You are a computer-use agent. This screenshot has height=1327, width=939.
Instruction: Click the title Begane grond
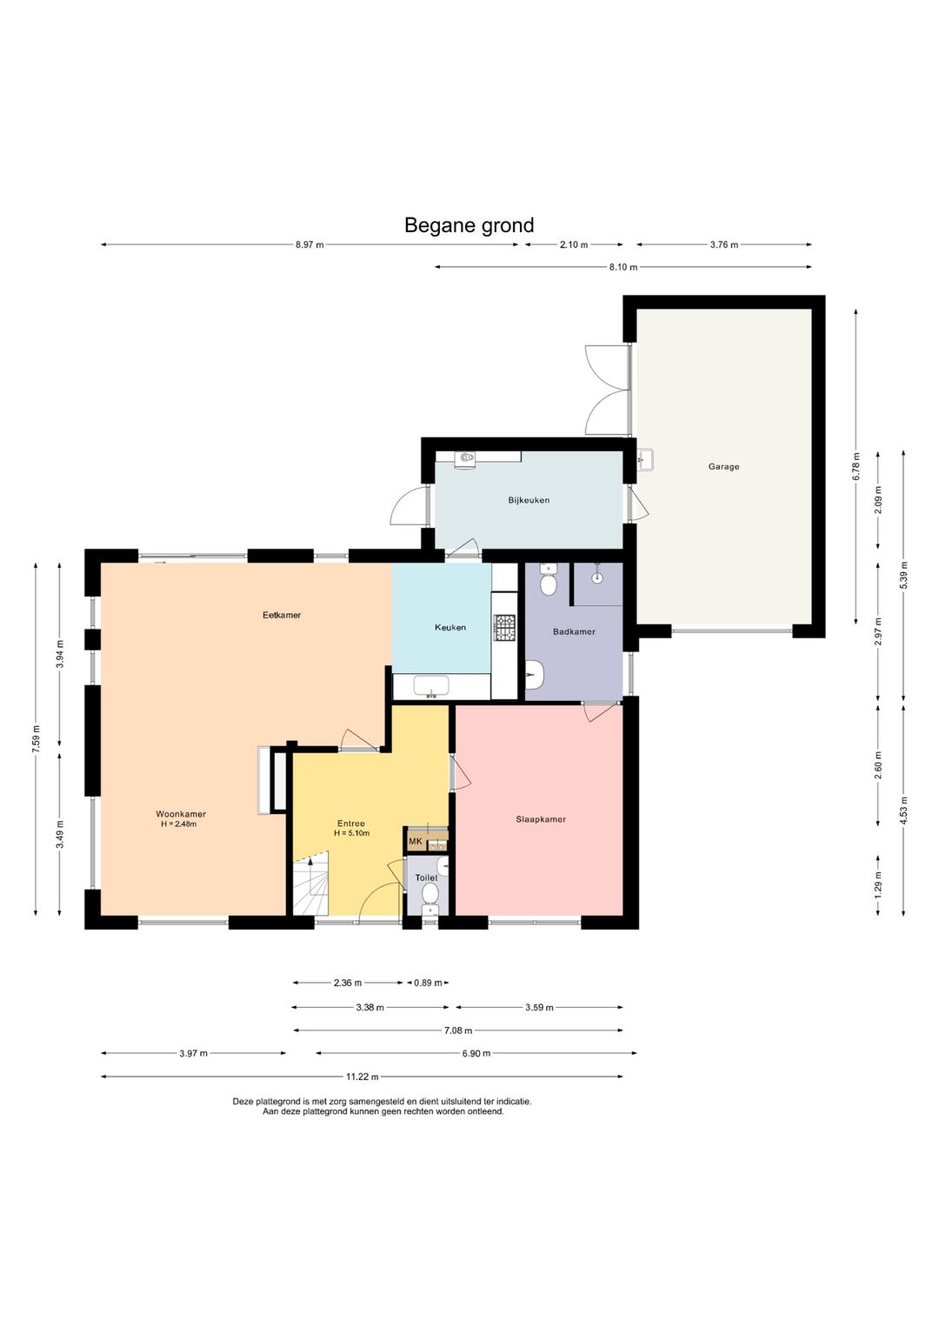coord(469,225)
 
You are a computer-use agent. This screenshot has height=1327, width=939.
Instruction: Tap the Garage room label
coord(723,466)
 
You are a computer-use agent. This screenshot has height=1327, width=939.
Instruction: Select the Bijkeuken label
coord(529,500)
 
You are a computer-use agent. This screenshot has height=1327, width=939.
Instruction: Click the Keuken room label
coord(450,627)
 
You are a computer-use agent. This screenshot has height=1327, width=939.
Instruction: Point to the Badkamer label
coord(574,631)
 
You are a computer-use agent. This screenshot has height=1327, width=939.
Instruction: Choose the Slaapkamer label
coord(541,819)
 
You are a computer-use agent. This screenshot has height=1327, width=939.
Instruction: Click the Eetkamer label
coord(282,615)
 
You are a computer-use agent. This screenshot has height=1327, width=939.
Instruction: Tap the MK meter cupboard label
coord(416,841)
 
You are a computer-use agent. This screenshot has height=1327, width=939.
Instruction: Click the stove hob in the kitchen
coord(505,627)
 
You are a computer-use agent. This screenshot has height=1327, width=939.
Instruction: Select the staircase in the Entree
coord(310,884)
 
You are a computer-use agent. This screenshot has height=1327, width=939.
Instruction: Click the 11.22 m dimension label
coord(362,1077)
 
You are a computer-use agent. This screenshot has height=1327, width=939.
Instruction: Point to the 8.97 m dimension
coord(310,244)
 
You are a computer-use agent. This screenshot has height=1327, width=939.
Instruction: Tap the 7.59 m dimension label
coord(36,739)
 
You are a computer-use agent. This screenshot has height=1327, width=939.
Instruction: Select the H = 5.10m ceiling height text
coord(351,833)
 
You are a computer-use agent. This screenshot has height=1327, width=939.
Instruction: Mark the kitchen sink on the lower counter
coord(432,686)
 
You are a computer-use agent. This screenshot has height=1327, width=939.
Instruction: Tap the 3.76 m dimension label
coord(724,244)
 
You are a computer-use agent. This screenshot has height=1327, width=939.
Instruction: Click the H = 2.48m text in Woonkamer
coord(178,824)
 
